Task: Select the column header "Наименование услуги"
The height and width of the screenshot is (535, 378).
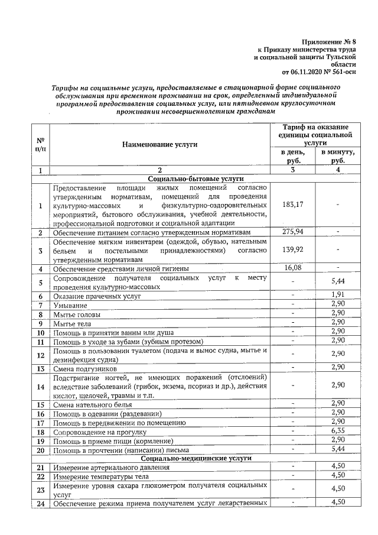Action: tap(159, 144)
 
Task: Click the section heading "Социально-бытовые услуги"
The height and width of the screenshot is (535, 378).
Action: tap(196, 179)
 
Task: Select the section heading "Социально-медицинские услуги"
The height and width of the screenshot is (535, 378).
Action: tap(196, 458)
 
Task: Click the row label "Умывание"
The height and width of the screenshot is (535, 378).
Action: tap(70, 305)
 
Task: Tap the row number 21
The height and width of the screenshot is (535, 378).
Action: tap(41, 468)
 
